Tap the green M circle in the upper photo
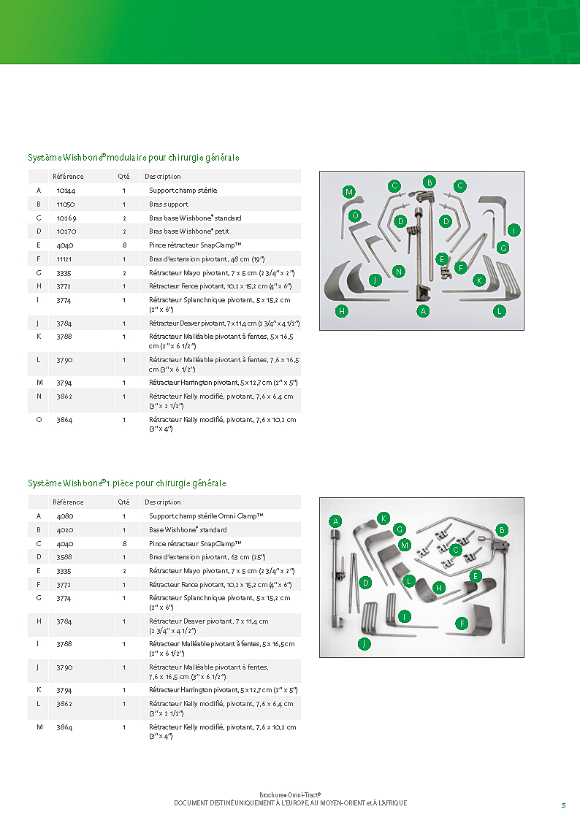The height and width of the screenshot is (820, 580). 349,192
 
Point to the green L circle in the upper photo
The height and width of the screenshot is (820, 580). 500,311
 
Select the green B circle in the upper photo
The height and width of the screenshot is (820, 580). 430,181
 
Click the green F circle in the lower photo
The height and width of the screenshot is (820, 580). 462,623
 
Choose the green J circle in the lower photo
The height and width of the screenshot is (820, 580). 364,643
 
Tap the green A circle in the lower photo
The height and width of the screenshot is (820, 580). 335,521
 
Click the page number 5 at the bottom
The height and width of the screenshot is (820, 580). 563,805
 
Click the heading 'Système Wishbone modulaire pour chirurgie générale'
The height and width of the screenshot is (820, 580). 134,158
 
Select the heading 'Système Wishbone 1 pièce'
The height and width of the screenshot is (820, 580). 127,483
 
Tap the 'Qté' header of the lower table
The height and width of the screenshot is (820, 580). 123,502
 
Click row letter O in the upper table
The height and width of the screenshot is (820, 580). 38,421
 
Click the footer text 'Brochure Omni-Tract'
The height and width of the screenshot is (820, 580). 290,794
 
